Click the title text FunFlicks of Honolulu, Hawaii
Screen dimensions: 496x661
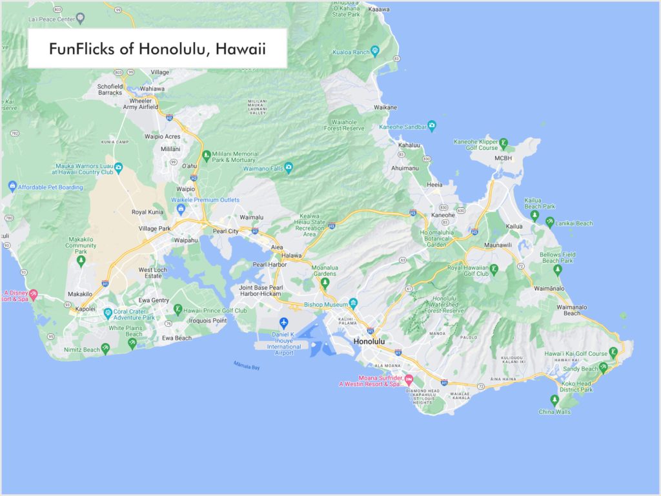(158, 49)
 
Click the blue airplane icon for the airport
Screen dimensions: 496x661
(283, 323)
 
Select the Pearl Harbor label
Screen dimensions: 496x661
(270, 264)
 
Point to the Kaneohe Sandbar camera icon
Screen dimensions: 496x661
(432, 127)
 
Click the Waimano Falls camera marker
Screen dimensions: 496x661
(289, 168)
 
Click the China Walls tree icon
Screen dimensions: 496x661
(554, 400)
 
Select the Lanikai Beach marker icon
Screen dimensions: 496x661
(549, 223)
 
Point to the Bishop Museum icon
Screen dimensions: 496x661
(353, 304)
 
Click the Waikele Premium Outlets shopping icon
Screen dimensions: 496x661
(181, 209)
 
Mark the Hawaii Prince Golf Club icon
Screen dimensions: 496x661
(178, 311)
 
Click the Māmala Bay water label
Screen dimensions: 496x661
(247, 367)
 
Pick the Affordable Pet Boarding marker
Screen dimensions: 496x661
(12, 187)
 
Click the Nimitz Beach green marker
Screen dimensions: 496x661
(106, 349)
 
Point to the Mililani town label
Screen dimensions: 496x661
(170, 149)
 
